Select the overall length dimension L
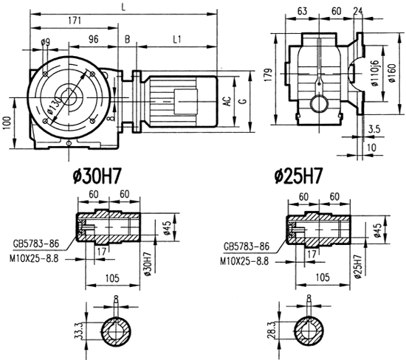(x=122, y=7)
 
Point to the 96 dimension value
(x=94, y=38)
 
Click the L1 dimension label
(x=179, y=38)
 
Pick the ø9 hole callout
(x=46, y=41)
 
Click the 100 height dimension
(x=7, y=120)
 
